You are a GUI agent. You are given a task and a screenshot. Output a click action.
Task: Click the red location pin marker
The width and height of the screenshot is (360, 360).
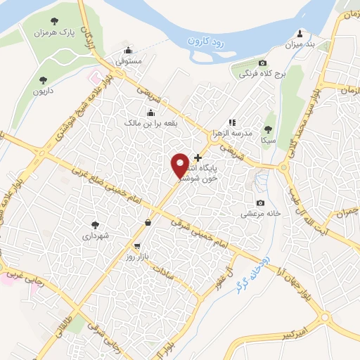point(180,165)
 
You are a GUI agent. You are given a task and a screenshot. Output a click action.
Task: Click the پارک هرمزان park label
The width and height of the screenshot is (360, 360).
point(57,32)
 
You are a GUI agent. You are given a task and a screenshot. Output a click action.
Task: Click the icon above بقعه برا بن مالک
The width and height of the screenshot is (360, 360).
point(150,112)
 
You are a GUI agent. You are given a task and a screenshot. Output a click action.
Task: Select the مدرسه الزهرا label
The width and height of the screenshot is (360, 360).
point(232,134)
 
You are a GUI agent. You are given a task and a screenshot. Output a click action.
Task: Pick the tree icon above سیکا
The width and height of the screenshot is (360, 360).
point(267,129)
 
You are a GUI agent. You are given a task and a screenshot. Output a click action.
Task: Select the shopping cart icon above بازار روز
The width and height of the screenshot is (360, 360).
point(138,247)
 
